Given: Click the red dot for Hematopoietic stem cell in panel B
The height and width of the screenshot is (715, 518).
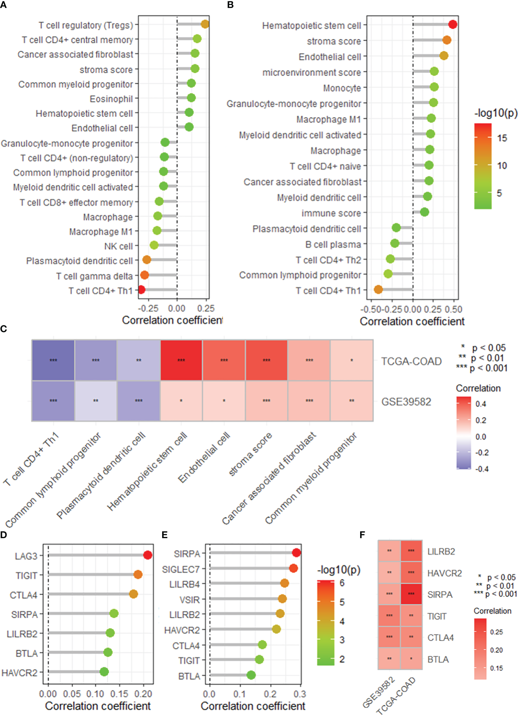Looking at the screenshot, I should point(453,25).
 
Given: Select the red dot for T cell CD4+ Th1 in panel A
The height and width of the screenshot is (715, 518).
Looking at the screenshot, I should point(141,290).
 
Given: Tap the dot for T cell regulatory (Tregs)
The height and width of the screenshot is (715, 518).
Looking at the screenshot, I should point(205,24).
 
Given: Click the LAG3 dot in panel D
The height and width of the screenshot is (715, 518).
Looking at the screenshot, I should point(148,555).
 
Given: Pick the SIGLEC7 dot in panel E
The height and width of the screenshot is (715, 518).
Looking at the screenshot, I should point(293,568).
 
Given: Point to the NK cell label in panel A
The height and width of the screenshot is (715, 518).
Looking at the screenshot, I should point(118,246).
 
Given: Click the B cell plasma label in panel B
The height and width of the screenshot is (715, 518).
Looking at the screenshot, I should point(333,245).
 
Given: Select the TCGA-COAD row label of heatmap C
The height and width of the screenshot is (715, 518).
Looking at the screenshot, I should point(411,361).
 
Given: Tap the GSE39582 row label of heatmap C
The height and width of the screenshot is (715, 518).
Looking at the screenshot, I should point(406,402).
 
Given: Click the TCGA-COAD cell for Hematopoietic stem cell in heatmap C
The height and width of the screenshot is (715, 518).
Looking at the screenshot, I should point(181,360).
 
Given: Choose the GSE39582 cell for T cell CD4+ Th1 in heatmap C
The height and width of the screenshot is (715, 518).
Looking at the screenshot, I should point(53,401).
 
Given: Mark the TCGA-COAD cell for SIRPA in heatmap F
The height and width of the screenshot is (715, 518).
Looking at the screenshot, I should point(411,594).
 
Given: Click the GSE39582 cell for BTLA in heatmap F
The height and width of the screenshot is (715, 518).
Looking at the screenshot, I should point(389,659).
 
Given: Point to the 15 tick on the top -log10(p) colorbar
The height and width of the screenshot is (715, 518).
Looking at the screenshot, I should point(502,138).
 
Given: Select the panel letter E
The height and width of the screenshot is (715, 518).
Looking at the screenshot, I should point(164,535).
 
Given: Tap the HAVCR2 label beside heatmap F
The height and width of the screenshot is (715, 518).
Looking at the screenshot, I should point(444,573).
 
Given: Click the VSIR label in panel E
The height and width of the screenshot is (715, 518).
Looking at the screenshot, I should point(189,600).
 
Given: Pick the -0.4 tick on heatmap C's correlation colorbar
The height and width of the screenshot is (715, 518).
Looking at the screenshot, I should point(482,469).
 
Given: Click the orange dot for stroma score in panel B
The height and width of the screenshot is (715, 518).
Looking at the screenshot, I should point(447,40).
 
